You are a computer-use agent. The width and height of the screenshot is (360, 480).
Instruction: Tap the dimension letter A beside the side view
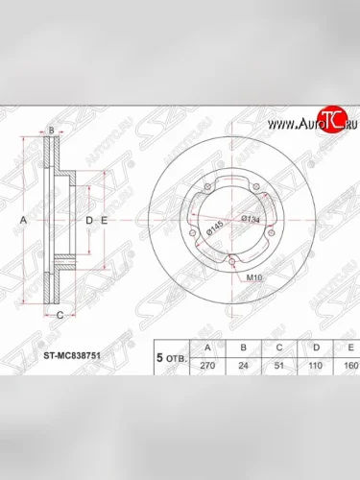[x=22, y=221]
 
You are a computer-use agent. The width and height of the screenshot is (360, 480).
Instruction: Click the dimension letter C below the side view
[x=59, y=314]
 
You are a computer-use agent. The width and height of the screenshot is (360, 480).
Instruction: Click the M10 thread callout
[x=256, y=276]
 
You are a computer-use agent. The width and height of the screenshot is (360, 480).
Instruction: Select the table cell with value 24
[x=245, y=366]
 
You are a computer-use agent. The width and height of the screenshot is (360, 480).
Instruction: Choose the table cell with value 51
[x=279, y=366]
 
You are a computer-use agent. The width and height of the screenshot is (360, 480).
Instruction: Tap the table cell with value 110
[x=314, y=366]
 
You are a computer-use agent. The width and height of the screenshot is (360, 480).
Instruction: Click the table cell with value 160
[x=348, y=366]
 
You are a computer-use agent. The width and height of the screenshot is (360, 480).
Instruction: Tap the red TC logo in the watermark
[x=331, y=121]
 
